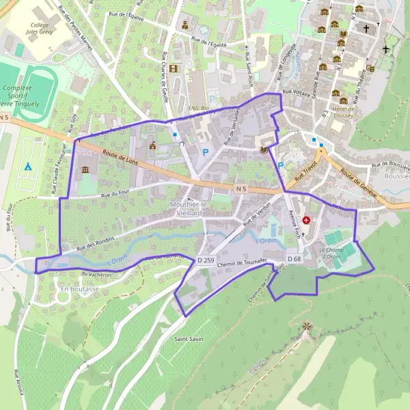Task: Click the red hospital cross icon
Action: tap(306, 221)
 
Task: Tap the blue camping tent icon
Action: tap(28, 166)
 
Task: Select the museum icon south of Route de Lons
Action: tap(85, 169)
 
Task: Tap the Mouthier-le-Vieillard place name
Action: tap(188, 208)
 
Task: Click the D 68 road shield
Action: tap(295, 259)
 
